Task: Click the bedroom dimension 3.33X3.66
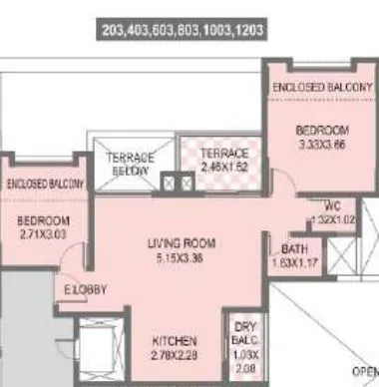[x=319, y=144]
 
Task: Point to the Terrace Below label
[x=132, y=165]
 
